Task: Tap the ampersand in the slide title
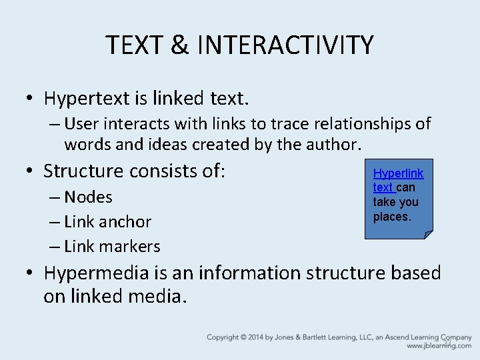[179, 45]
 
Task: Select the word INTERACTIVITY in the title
[285, 45]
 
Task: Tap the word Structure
[87, 171]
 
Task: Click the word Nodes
[88, 197]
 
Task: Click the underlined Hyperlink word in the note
[398, 174]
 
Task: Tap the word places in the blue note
[391, 217]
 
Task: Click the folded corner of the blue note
[428, 233]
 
